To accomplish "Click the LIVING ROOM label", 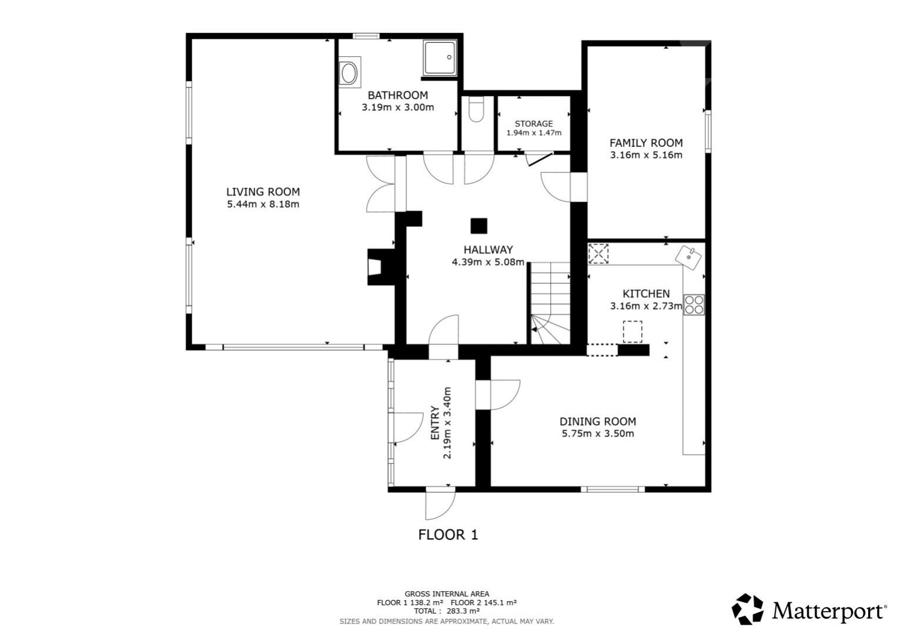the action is tap(263, 192).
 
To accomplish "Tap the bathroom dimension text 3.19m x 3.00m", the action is tap(397, 108).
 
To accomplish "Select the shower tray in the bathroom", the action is tap(440, 58).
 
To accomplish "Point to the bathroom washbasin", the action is tap(349, 72).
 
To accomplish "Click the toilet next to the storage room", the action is tap(476, 109).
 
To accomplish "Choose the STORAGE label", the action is tap(534, 123).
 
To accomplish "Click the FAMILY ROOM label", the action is tap(646, 143).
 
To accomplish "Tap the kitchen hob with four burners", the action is tap(694, 304).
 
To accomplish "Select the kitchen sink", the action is tap(688, 258).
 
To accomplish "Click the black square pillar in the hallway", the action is tap(478, 226).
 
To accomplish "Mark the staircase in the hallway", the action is tap(550, 303).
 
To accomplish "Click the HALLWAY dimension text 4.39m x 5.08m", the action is tap(488, 262).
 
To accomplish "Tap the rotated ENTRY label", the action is tap(435, 422).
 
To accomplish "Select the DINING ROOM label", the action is tap(597, 421).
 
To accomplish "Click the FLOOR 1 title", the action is tap(448, 535).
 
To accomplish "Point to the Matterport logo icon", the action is tap(747, 609).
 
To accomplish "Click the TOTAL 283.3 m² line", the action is tap(447, 611).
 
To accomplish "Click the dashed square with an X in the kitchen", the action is tap(598, 254).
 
